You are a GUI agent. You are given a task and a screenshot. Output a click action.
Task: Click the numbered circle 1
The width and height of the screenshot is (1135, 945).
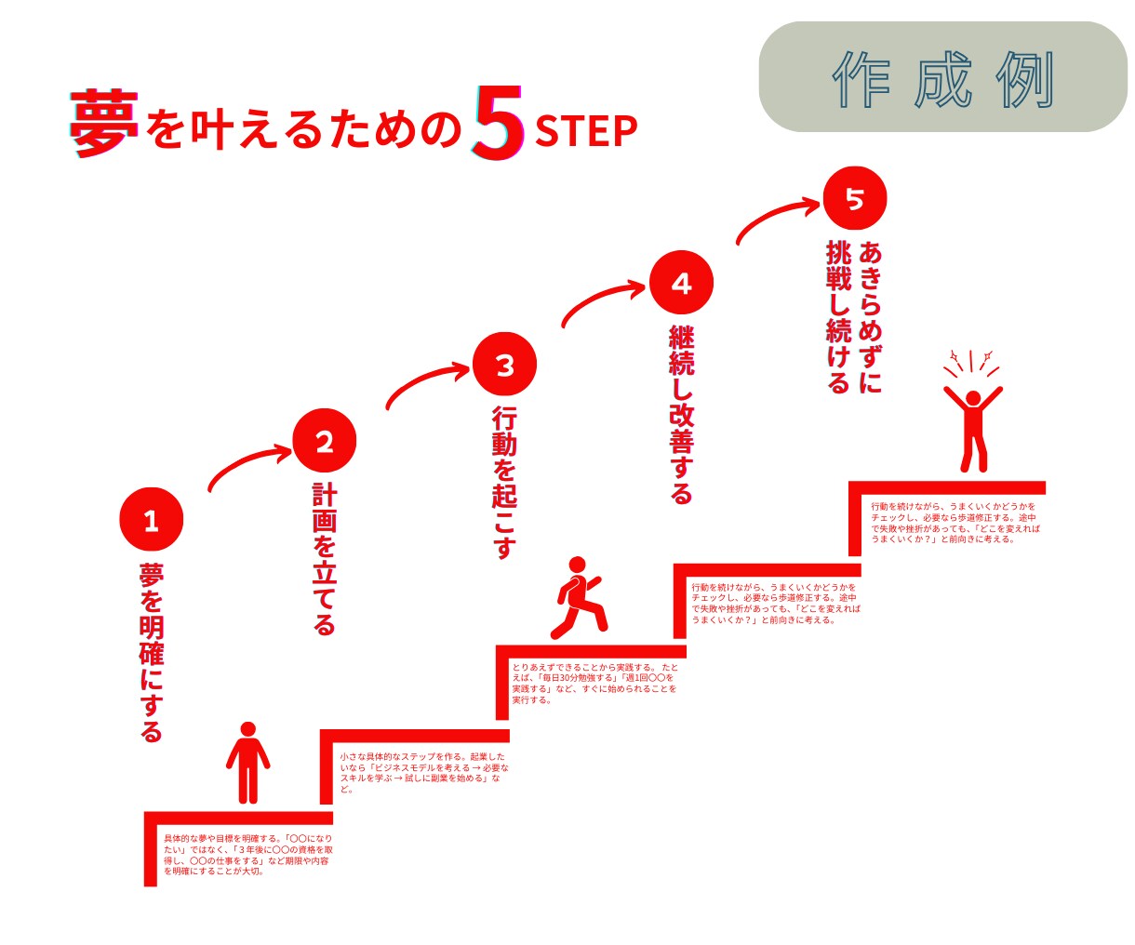click(x=151, y=520)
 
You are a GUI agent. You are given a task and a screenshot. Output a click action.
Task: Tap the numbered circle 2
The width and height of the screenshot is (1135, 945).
click(x=325, y=441)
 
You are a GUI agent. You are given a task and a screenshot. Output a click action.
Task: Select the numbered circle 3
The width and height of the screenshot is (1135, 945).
click(x=504, y=364)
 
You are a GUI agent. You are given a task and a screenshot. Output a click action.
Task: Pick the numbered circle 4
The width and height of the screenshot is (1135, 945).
click(x=681, y=283)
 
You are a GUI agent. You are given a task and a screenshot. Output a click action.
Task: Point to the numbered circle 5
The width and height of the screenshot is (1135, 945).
click(x=855, y=198)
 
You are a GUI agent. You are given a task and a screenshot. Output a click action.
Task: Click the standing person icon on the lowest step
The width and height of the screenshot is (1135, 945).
click(x=247, y=763)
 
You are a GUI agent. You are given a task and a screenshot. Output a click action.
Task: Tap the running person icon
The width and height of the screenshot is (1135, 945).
click(x=578, y=597)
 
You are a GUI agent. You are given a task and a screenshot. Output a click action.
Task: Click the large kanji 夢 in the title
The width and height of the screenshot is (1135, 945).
click(x=104, y=124)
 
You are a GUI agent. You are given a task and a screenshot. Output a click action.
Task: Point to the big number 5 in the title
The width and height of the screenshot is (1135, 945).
click(x=498, y=124)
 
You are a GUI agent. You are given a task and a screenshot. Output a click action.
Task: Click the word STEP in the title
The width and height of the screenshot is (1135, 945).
click(x=586, y=131)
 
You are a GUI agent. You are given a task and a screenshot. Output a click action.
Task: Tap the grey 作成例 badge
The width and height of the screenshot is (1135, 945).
click(x=943, y=76)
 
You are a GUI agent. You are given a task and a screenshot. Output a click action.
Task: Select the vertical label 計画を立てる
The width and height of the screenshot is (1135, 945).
click(x=324, y=559)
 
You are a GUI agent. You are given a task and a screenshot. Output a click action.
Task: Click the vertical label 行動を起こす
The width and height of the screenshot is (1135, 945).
click(x=504, y=483)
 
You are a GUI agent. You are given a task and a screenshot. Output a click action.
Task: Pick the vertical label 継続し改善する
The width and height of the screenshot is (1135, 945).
click(x=681, y=415)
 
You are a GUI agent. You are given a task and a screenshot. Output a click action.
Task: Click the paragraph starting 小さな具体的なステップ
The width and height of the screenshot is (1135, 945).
click(x=424, y=773)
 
